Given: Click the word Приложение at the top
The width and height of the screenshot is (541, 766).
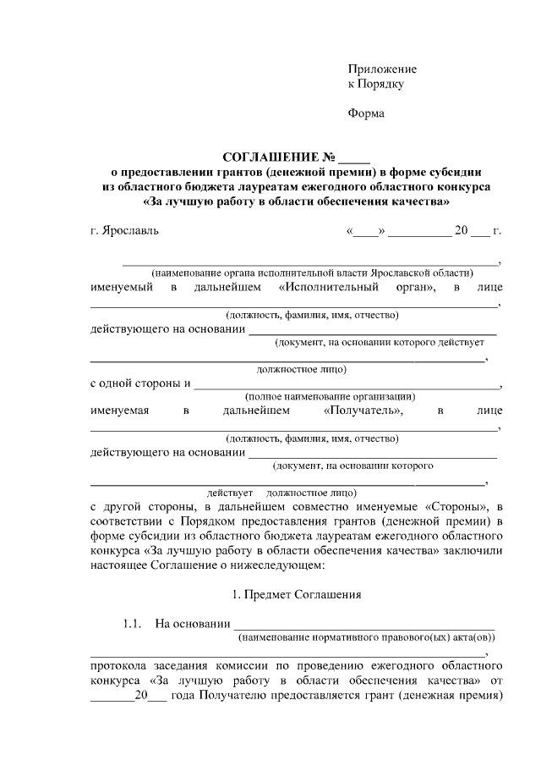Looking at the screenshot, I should pyautogui.click(x=383, y=69).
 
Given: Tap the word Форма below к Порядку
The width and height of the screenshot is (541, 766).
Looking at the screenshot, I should pyautogui.click(x=366, y=113).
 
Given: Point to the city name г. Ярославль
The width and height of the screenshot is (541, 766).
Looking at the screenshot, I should pyautogui.click(x=124, y=229).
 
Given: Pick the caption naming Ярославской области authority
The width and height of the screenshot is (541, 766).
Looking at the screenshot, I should pyautogui.click(x=312, y=273).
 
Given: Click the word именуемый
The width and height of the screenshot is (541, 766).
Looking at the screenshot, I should pyautogui.click(x=122, y=289).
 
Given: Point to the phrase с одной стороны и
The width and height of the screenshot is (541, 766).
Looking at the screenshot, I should pyautogui.click(x=140, y=383).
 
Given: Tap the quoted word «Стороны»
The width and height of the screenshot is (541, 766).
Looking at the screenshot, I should pyautogui.click(x=456, y=505).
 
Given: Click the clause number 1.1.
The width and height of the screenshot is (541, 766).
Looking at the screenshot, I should pyautogui.click(x=130, y=625).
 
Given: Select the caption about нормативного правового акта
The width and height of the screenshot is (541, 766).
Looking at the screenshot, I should pyautogui.click(x=367, y=636).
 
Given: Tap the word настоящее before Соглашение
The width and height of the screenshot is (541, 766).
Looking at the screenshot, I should pyautogui.click(x=118, y=565).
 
